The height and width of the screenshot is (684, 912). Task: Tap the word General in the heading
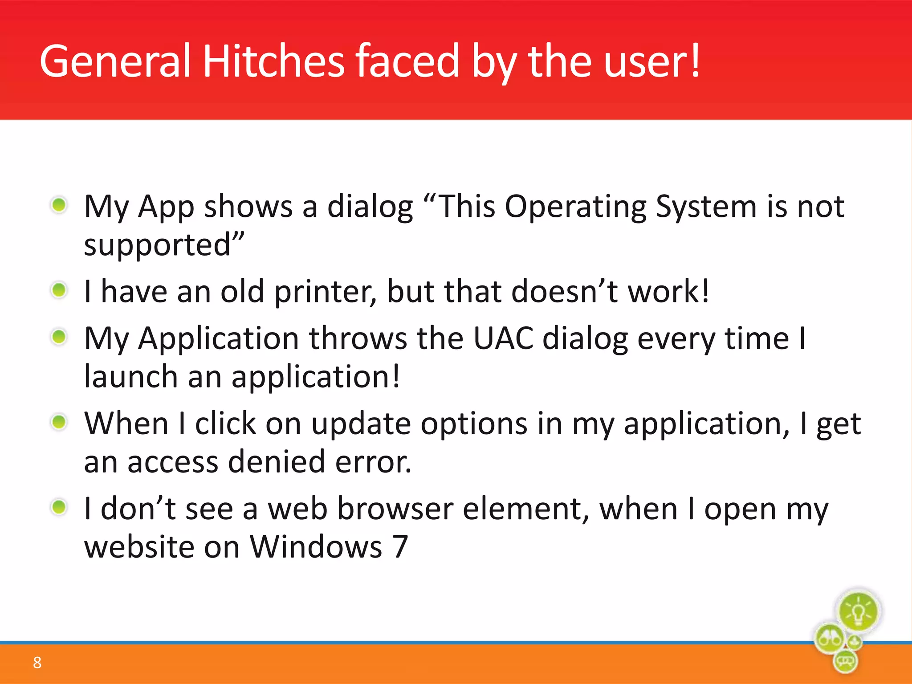(x=115, y=61)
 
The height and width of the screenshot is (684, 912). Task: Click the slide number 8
(x=37, y=663)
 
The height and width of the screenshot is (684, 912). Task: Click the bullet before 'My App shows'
(x=59, y=205)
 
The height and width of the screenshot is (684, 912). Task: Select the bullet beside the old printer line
(x=59, y=290)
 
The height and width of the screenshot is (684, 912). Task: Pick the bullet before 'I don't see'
(x=59, y=507)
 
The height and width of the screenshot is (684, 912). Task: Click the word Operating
(x=575, y=207)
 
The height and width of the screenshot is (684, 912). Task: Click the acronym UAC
(x=503, y=338)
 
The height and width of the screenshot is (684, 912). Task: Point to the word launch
(x=131, y=377)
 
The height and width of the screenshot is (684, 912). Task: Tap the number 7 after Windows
(x=400, y=547)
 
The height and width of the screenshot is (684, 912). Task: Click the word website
(x=139, y=547)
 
